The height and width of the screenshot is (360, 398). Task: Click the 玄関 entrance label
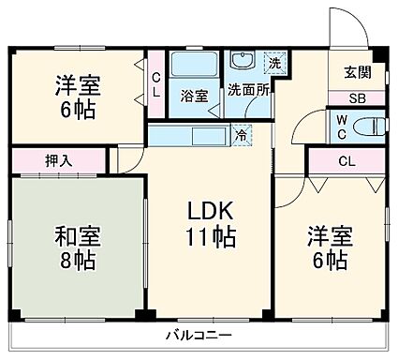(x=357, y=72)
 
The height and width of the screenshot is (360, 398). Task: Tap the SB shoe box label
(x=357, y=97)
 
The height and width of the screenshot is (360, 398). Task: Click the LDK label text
(x=207, y=211)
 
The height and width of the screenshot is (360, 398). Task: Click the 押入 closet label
(x=58, y=160)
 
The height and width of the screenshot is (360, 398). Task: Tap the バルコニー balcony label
(x=199, y=335)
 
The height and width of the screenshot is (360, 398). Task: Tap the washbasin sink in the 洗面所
(x=243, y=64)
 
